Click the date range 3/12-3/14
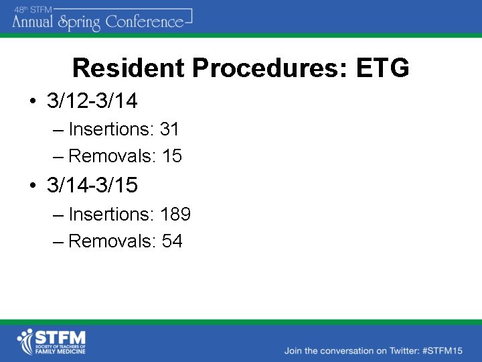92,101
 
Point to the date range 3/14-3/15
92,185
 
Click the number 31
170,129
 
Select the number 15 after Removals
172,156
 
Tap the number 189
175,215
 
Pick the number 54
172,241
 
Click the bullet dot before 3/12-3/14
32,102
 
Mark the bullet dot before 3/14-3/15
32,186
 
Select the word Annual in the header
33,22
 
